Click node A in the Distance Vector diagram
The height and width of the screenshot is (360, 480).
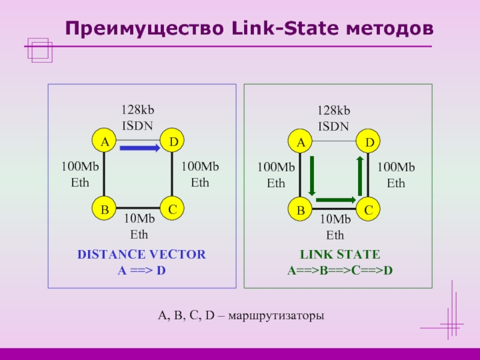[x=104, y=142]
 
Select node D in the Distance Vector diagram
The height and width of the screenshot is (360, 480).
[x=173, y=142]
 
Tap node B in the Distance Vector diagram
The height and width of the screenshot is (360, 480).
[x=104, y=210]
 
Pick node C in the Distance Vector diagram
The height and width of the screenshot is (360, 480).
[x=173, y=210]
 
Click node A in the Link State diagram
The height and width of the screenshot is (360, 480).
[x=300, y=142]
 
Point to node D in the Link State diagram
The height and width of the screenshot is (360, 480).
[x=369, y=142]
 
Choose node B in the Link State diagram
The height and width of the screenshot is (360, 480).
[x=300, y=210]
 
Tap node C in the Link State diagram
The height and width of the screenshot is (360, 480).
[x=369, y=210]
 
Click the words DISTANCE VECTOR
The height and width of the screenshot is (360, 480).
[x=142, y=254]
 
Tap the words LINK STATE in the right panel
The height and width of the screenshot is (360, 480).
[x=340, y=254]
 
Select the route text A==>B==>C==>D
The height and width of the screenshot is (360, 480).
[x=340, y=270]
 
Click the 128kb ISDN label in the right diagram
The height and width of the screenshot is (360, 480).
[x=334, y=118]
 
